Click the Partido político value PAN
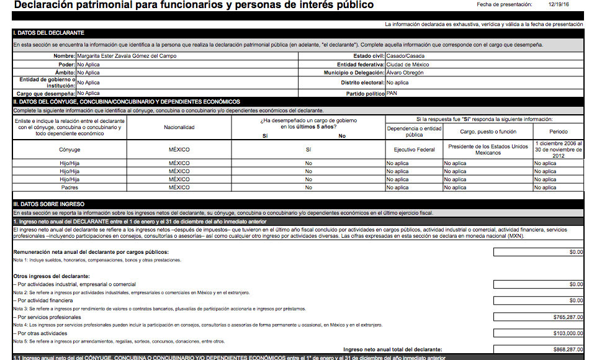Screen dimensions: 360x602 [392, 93]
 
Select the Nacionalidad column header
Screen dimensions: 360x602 [179, 128]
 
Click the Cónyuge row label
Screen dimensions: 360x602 [70, 150]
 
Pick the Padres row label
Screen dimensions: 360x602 [70, 187]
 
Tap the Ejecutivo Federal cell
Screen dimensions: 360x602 [414, 150]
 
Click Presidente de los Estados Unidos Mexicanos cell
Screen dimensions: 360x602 [488, 150]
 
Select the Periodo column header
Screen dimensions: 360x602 [558, 132]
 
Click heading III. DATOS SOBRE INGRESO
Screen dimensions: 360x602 [49, 204]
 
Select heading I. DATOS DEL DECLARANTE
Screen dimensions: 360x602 [49, 32]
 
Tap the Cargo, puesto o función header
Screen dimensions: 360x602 [488, 132]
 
